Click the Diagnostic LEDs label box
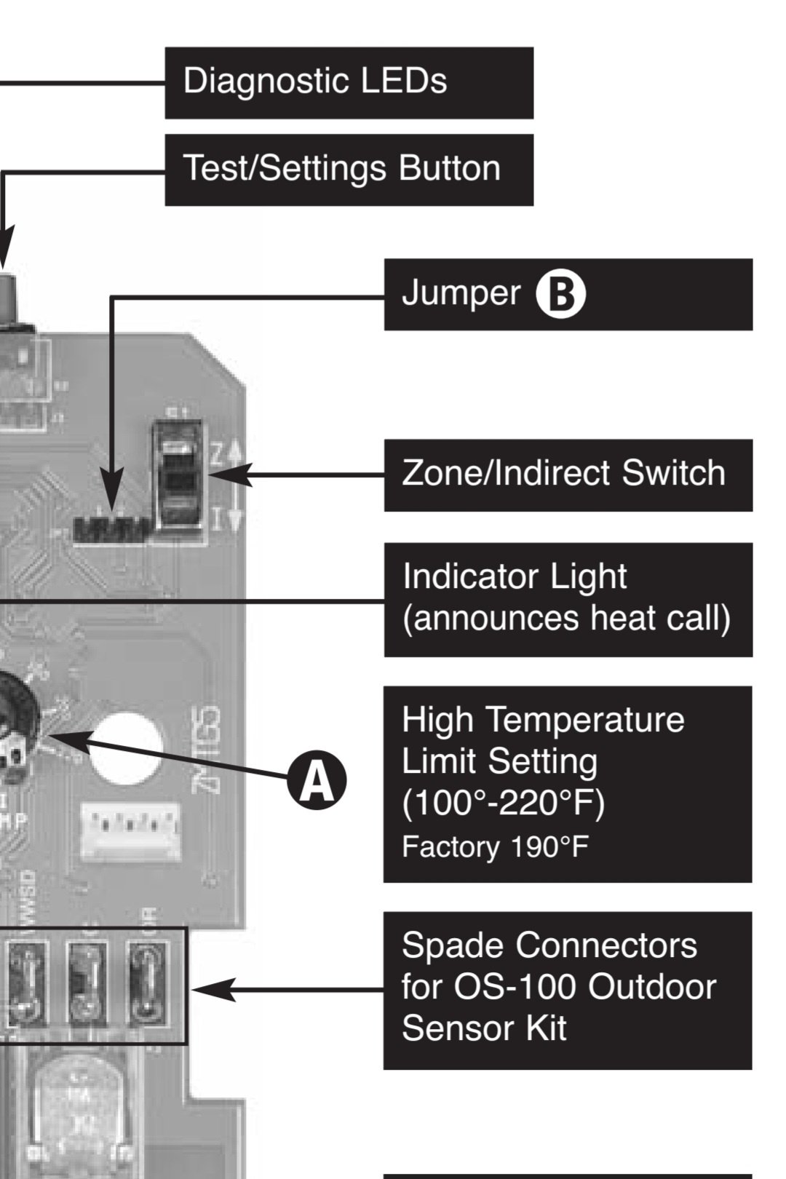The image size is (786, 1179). coord(349,82)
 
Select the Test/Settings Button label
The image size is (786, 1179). coord(349,169)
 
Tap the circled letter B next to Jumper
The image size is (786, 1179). coord(560,294)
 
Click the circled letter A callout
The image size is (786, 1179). coord(316,781)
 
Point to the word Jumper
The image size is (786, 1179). coord(461,293)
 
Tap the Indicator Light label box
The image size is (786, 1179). coord(568,598)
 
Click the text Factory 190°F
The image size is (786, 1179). coord(495,847)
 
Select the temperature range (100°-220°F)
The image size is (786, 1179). coord(503,803)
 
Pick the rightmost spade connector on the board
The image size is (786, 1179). coord(148,986)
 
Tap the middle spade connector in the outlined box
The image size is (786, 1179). coord(87,986)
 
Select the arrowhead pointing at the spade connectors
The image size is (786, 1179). coord(211,991)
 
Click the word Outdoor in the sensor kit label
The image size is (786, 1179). coord(651,988)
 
